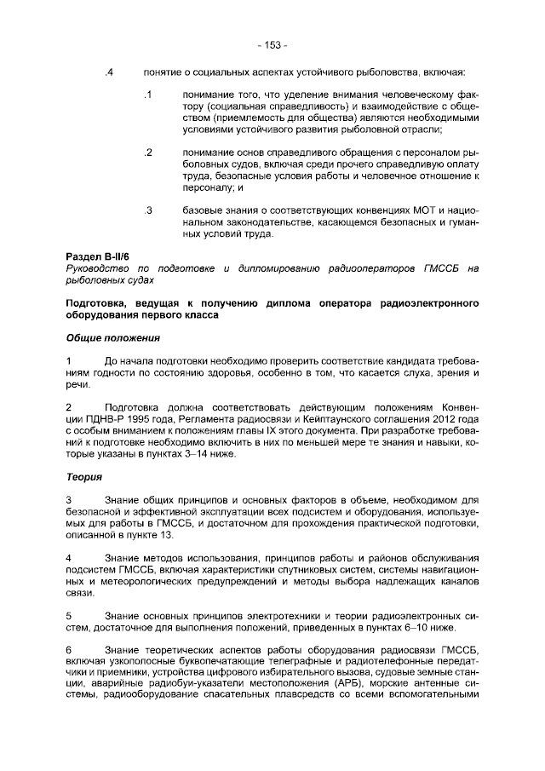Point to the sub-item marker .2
147,152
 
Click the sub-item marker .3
147,210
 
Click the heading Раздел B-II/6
98,256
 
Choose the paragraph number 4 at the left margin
69,557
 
